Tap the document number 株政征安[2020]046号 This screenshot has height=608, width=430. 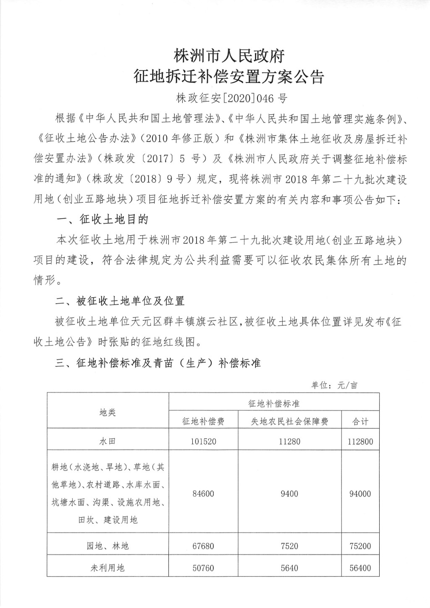click(x=232, y=99)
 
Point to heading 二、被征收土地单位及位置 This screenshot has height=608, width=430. click(x=120, y=301)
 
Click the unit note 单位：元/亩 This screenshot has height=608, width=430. click(x=334, y=385)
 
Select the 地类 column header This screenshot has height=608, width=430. click(x=107, y=412)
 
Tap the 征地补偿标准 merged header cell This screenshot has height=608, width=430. click(x=274, y=403)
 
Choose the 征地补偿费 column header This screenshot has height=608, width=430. click(x=203, y=421)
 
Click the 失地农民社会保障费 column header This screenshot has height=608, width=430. click(x=289, y=421)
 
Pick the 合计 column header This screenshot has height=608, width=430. click(x=360, y=421)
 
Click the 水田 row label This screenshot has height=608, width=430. click(x=107, y=442)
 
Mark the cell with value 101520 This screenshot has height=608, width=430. click(x=203, y=442)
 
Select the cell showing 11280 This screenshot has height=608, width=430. click(x=289, y=442)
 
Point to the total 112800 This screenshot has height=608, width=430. click(x=360, y=442)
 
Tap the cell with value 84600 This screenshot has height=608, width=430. click(x=203, y=494)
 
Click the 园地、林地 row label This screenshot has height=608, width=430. click(x=107, y=546)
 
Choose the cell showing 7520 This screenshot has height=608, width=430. click(x=289, y=546)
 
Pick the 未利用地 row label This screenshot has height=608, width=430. click(x=107, y=568)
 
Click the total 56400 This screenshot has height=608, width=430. click(x=360, y=568)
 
